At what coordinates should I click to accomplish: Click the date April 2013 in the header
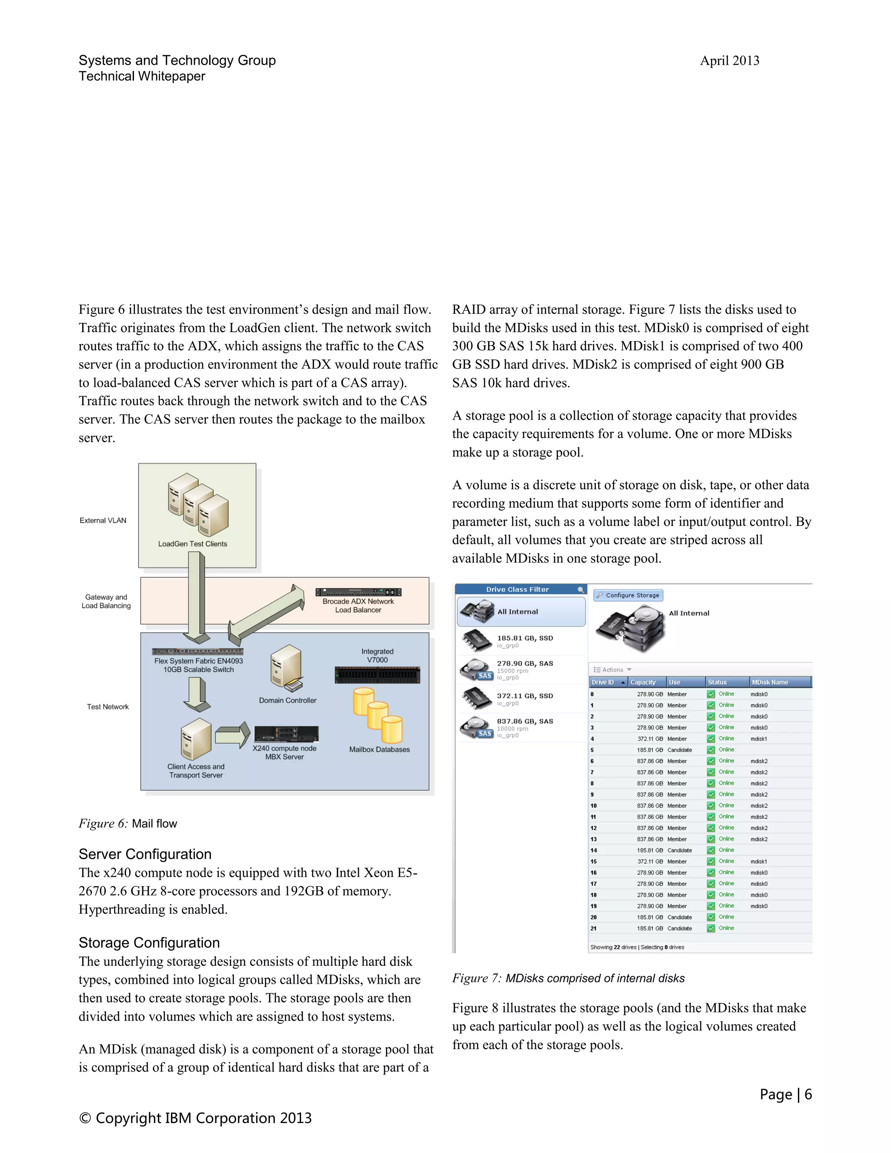[x=729, y=61]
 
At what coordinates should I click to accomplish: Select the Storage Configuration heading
[x=149, y=942]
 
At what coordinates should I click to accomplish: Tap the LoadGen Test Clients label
[x=192, y=544]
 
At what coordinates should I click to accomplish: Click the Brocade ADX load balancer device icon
[x=358, y=592]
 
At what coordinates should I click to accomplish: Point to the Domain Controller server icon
[x=287, y=667]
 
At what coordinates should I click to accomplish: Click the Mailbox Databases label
[x=379, y=749]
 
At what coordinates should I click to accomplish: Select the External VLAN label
[x=103, y=520]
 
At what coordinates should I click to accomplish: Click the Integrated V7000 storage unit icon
[x=377, y=675]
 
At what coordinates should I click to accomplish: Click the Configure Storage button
[x=628, y=595]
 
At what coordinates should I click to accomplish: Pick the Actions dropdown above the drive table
[x=612, y=670]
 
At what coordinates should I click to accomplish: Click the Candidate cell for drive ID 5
[x=679, y=750]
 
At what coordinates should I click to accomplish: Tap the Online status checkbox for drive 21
[x=711, y=928]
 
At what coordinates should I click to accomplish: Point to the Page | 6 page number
[x=785, y=1094]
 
